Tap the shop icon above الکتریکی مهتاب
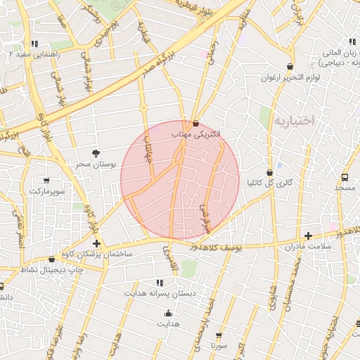coord(196,124)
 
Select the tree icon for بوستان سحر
coord(96,153)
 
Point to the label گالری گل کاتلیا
coord(269,183)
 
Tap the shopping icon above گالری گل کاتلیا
coord(269,172)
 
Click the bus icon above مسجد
coord(345,177)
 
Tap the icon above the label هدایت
coord(168,314)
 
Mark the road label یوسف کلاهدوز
coord(220,247)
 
